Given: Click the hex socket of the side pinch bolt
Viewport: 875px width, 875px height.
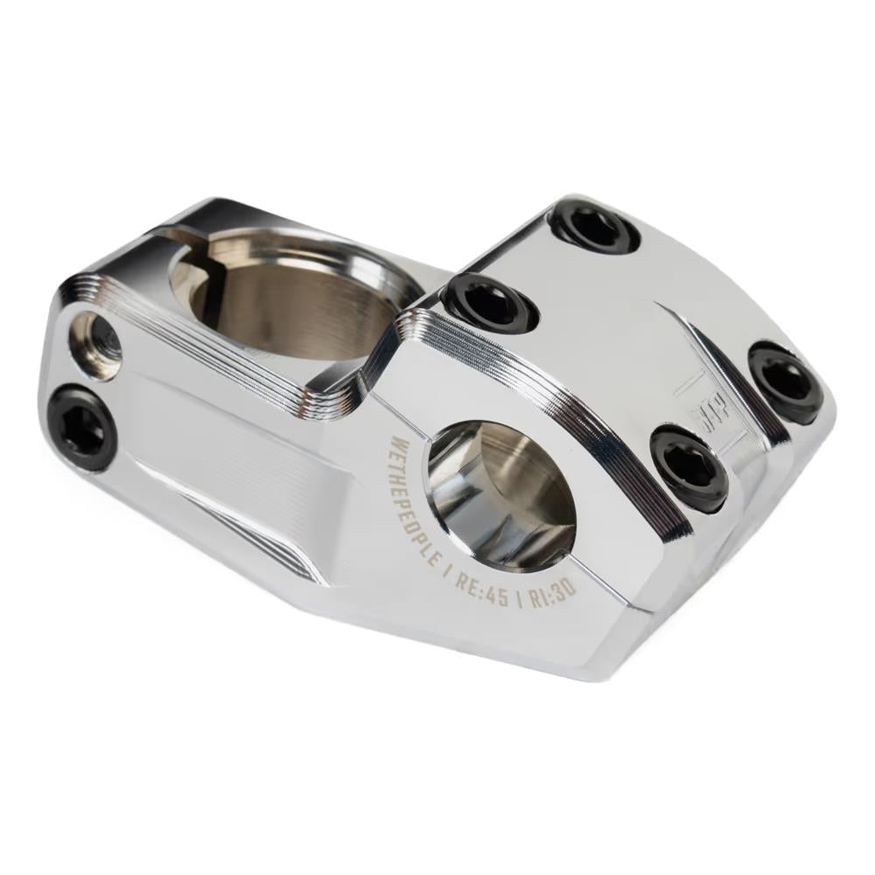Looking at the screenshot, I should pyautogui.click(x=80, y=428).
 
